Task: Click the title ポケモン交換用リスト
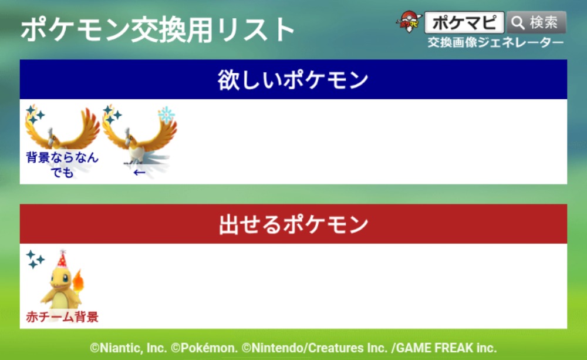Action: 157,29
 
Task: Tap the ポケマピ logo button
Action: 464,22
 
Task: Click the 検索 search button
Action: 537,22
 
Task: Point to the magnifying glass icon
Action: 518,23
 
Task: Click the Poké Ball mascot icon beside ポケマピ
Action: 409,22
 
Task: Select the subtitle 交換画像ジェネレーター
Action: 495,42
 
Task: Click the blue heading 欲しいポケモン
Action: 293,80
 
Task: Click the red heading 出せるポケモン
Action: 293,224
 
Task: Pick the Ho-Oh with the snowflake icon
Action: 140,135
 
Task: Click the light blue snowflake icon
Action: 167,115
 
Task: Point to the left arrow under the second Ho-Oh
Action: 139,173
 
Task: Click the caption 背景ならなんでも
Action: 62,164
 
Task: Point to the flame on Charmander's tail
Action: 78,281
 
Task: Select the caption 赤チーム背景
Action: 62,317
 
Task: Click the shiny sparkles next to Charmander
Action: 35,259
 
